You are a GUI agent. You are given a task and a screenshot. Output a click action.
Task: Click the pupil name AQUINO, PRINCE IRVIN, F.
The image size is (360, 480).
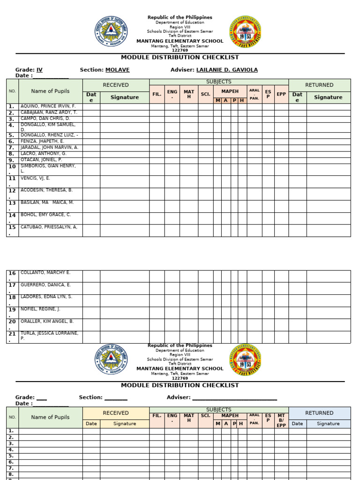[48, 106]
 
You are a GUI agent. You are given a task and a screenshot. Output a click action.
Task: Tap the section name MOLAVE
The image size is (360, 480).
[117, 70]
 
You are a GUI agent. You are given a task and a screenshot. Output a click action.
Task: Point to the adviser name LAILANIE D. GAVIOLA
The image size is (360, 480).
[226, 70]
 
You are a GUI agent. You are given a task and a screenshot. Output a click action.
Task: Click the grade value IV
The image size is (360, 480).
[39, 70]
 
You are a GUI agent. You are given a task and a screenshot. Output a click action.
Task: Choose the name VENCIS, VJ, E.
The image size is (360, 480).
[35, 178]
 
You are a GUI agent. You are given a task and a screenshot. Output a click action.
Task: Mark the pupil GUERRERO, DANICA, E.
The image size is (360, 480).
[45, 285]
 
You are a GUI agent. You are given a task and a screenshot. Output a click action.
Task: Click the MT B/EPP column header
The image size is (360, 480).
[281, 420]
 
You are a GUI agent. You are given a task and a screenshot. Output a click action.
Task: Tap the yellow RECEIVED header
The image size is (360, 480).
[116, 413]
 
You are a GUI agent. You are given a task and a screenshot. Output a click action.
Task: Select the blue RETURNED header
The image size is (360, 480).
[319, 413]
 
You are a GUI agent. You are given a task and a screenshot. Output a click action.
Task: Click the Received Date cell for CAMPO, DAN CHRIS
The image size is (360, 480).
[91, 119]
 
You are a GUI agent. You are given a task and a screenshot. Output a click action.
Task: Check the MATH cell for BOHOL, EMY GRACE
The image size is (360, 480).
[188, 218]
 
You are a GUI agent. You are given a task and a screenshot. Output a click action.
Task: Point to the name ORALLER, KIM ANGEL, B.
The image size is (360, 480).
[47, 321]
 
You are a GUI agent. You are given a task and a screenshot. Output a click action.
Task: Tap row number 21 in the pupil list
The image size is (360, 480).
[12, 337]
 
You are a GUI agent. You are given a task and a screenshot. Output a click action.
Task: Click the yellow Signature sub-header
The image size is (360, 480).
[124, 423]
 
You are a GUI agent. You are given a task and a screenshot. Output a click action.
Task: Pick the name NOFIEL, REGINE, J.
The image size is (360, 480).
[40, 309]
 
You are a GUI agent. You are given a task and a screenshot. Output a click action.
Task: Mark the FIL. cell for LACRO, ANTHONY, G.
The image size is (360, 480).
[157, 154]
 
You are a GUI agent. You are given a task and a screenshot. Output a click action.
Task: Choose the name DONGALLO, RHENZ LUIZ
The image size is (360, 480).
[49, 135]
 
